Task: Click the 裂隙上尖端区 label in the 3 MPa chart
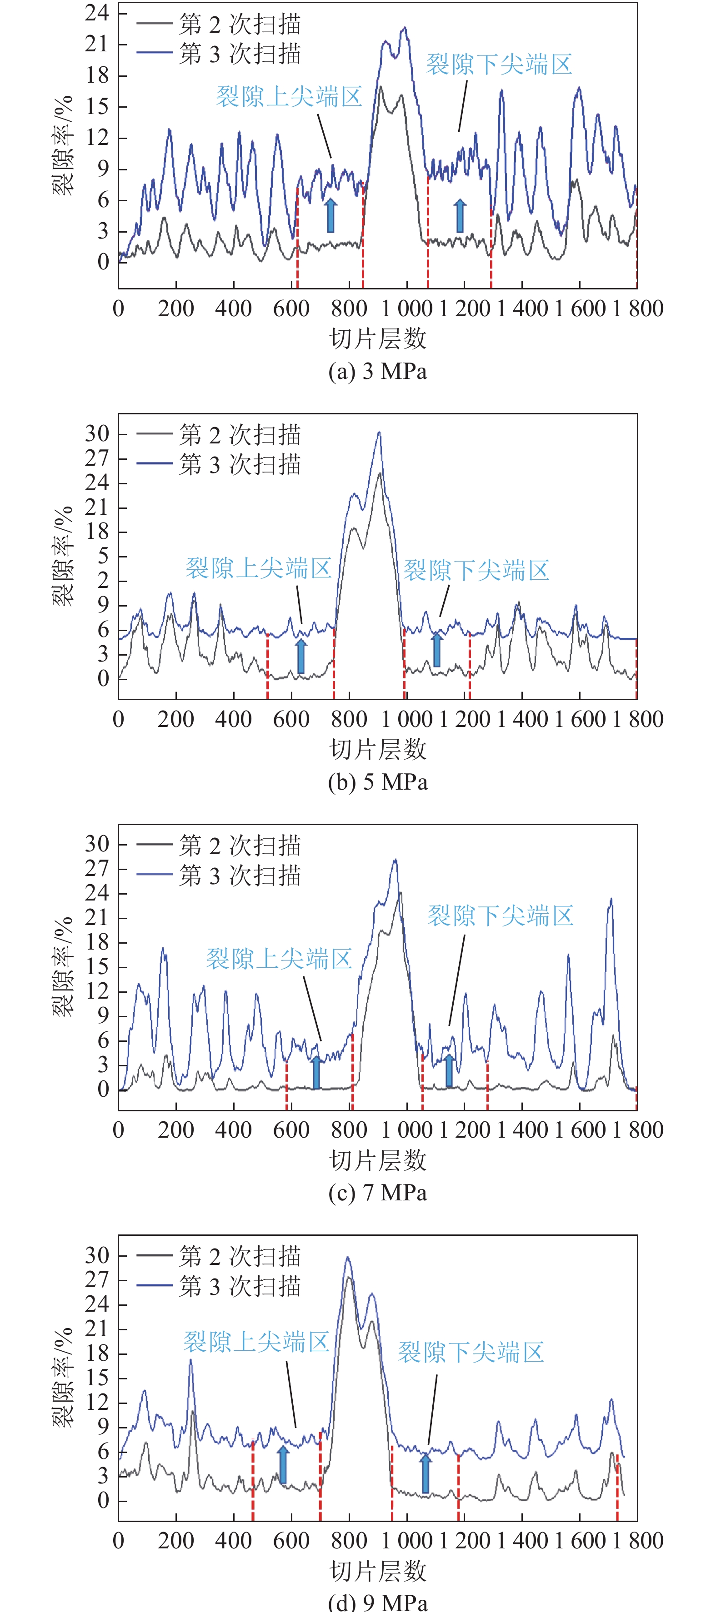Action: pos(289,97)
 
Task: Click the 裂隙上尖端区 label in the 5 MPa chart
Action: pos(259,568)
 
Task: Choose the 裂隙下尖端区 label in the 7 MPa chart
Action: pos(500,915)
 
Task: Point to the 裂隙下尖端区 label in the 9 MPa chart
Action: pos(471,1352)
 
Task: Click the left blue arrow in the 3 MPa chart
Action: pos(330,216)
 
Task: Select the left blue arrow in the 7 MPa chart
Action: pos(316,1072)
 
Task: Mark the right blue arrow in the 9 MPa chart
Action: pos(426,1473)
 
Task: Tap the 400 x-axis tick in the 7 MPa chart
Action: pos(234,1129)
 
